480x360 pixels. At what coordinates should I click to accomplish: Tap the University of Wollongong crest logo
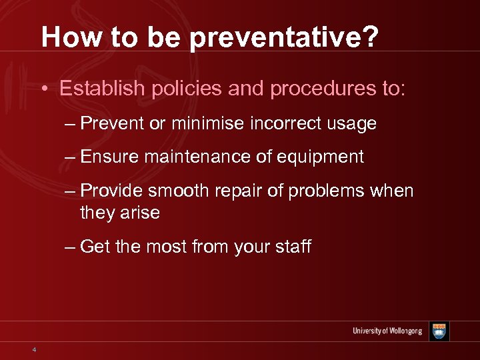[x=439, y=331]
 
